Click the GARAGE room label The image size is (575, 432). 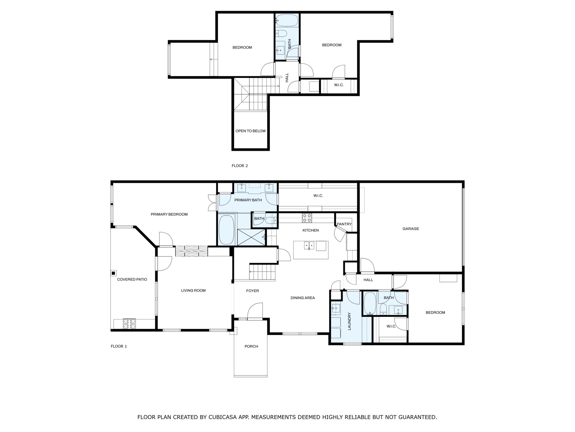(411, 229)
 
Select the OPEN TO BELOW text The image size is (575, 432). (251, 131)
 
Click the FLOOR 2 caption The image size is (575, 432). (240, 166)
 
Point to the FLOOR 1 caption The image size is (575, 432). (119, 346)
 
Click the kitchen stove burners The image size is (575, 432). (307, 218)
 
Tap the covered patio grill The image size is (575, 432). (129, 324)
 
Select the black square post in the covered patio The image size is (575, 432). (114, 273)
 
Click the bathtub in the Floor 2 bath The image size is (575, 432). (287, 20)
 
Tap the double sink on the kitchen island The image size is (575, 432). (309, 246)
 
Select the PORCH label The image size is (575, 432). (251, 346)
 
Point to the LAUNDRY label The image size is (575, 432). (349, 321)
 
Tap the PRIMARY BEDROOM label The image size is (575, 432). (169, 214)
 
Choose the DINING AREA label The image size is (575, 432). (302, 298)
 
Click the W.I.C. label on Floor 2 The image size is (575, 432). (339, 85)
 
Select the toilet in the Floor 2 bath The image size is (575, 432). (281, 33)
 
